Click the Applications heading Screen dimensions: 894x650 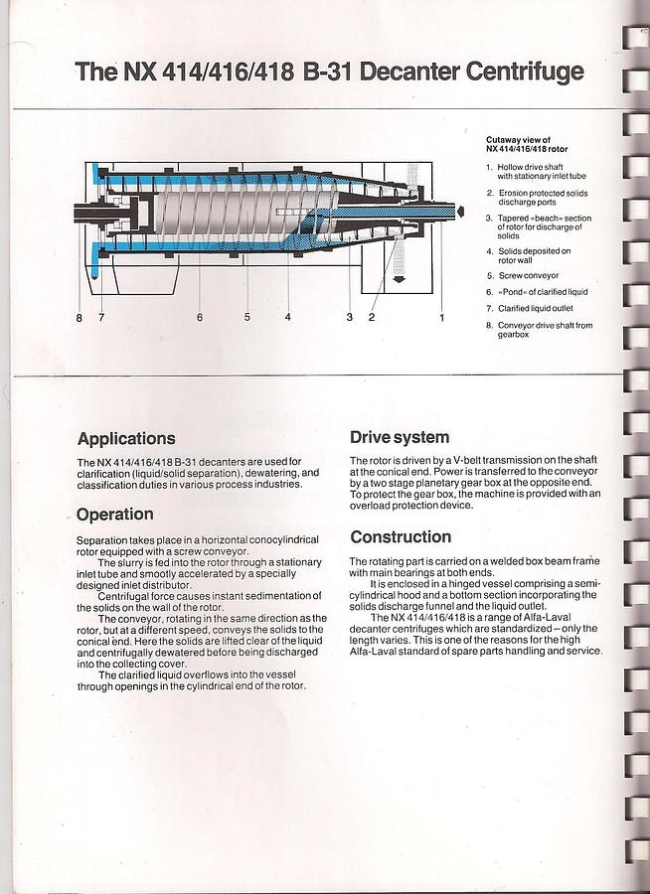(125, 438)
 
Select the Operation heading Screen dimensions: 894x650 (114, 515)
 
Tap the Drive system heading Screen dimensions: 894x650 (400, 437)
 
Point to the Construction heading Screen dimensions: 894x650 (401, 537)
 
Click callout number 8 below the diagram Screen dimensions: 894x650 (79, 317)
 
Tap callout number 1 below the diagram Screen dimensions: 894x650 (442, 317)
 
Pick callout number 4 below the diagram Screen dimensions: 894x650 (287, 317)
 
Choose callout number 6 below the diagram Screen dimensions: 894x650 (200, 317)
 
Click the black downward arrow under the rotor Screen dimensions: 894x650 (399, 279)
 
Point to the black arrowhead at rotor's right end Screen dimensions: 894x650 (460, 210)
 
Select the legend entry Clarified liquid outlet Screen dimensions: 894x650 (538, 309)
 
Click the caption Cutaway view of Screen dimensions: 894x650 (518, 140)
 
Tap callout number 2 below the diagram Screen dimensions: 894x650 (372, 317)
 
